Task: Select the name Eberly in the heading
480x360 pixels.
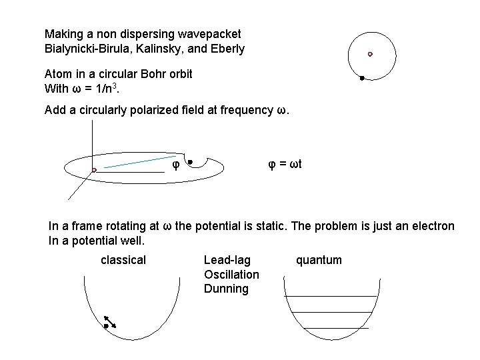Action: click(226, 49)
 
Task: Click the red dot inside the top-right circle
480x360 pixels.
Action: click(370, 54)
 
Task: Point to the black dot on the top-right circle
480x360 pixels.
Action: click(361, 79)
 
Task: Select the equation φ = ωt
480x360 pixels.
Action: click(285, 164)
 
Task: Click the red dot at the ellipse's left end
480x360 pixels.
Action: click(95, 170)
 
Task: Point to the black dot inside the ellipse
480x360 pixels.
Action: click(190, 161)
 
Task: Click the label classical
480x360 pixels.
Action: click(123, 260)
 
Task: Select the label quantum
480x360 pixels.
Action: click(319, 260)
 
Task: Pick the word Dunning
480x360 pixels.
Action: click(226, 289)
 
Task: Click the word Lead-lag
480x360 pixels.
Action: click(227, 260)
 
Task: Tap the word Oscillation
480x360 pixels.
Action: click(231, 275)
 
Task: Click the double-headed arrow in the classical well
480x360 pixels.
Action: click(110, 321)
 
